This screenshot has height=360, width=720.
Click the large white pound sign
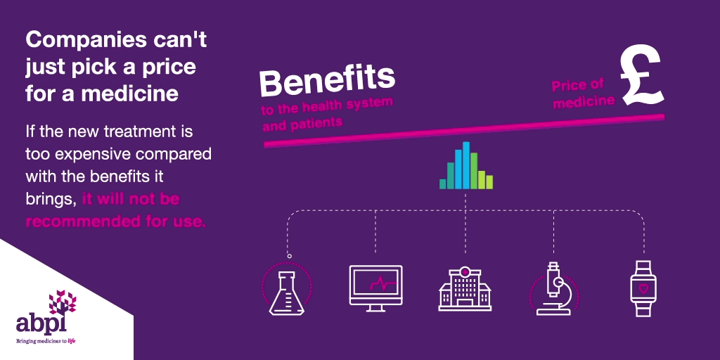(x=642, y=75)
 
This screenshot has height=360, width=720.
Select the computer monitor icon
(x=375, y=288)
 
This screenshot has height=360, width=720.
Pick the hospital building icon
(x=465, y=288)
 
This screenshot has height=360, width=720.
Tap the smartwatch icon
(x=643, y=288)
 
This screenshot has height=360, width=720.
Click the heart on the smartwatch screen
(x=643, y=289)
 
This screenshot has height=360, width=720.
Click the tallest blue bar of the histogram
(x=466, y=165)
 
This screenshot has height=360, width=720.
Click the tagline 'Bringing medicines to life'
(x=45, y=341)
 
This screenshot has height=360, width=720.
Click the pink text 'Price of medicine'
(x=583, y=94)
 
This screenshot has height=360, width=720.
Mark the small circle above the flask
(x=289, y=256)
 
